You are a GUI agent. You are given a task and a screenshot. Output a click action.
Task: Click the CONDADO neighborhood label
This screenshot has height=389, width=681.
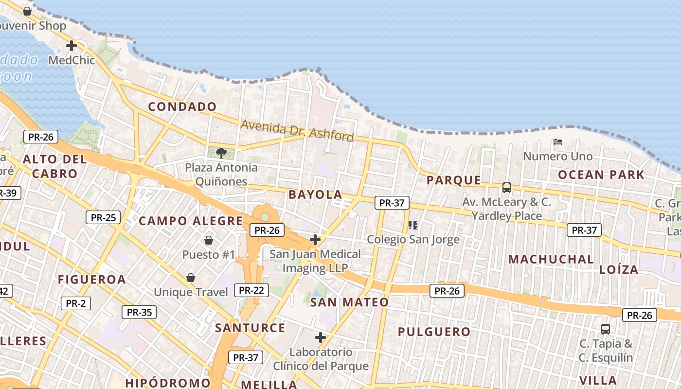(182, 106)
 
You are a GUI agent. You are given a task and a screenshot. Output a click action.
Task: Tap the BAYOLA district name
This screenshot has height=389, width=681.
(315, 194)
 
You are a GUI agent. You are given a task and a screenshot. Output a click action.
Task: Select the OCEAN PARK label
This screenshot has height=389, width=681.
(601, 175)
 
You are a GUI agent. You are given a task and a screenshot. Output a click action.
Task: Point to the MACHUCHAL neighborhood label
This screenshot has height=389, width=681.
(551, 259)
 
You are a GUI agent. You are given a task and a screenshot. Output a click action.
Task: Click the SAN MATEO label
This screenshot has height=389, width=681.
(350, 302)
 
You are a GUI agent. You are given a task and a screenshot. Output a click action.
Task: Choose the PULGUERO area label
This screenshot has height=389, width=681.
(434, 332)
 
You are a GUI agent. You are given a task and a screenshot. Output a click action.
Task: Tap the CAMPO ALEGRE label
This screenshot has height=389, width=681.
(191, 221)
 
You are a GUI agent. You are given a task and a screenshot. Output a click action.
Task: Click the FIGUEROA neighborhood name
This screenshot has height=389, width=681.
(92, 280)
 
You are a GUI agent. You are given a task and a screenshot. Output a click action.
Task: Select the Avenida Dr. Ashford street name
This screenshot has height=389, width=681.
(297, 130)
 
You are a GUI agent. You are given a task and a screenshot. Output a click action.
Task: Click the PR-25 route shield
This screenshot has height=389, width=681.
(103, 217)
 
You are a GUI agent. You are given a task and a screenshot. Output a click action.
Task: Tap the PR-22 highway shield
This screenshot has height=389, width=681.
(251, 290)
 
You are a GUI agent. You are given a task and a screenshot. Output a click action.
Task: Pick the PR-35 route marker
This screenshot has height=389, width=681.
(139, 312)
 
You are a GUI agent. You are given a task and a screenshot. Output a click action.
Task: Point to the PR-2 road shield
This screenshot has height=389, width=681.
(76, 303)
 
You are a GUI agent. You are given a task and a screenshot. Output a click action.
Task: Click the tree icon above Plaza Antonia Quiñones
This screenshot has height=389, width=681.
(221, 153)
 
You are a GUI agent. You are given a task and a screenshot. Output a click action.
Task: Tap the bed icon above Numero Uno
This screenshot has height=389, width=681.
(558, 142)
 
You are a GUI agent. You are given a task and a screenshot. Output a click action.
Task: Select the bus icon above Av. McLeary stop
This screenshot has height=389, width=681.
(507, 187)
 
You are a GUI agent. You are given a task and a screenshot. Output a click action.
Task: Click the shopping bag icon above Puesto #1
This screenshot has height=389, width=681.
(209, 240)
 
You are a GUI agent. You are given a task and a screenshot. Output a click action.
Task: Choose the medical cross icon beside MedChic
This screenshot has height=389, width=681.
(72, 46)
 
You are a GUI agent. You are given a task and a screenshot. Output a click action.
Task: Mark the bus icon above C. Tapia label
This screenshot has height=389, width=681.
(606, 329)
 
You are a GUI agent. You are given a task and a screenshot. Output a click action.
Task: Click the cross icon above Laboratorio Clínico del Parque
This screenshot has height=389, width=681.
(321, 337)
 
